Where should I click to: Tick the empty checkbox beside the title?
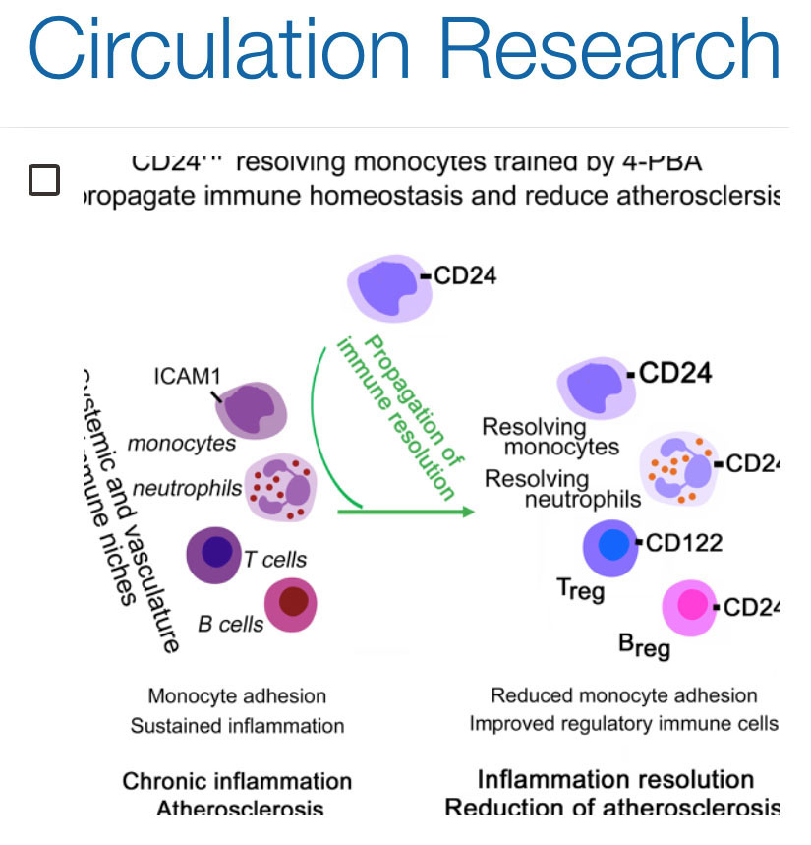click(x=44, y=180)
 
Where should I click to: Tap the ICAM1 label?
click(x=186, y=378)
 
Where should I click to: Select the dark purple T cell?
click(x=215, y=555)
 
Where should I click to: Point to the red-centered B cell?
click(x=291, y=604)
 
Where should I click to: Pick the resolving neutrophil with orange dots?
click(x=676, y=468)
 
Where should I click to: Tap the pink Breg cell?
click(x=692, y=607)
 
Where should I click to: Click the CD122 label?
click(x=684, y=543)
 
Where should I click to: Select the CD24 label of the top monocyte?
click(x=464, y=275)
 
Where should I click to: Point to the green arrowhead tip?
click(x=472, y=512)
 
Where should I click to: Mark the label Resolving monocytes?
click(x=550, y=437)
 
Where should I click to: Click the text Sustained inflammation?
click(x=237, y=727)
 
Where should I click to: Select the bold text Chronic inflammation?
click(x=237, y=781)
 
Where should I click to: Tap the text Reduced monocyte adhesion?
click(x=624, y=695)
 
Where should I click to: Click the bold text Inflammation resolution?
click(x=615, y=779)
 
